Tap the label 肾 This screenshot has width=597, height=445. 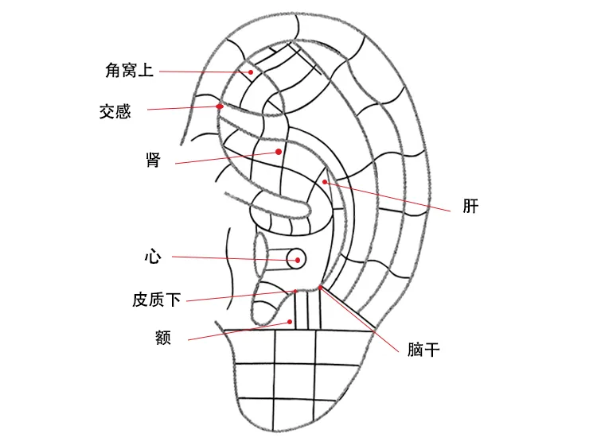click(154, 161)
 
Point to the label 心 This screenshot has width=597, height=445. click(153, 257)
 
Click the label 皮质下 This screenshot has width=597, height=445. click(157, 300)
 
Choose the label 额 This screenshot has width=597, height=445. click(163, 337)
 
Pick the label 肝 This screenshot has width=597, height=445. click(470, 207)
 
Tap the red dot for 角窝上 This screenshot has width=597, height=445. click(251, 72)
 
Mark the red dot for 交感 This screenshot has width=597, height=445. click(219, 106)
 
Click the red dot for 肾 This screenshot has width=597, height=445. click(278, 151)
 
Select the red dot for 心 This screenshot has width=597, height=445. click(295, 258)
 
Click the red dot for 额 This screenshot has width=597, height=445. click(290, 322)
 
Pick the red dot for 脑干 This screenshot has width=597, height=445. click(321, 287)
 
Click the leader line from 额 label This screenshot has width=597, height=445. click(239, 331)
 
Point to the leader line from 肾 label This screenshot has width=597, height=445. click(227, 157)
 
